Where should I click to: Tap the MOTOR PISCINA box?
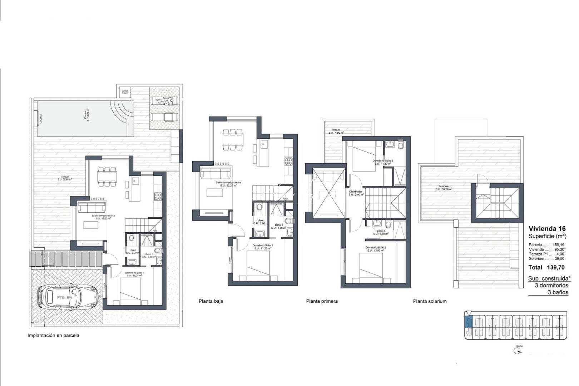pyautogui.click(x=125, y=92)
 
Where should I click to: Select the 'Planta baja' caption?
pyautogui.click(x=211, y=301)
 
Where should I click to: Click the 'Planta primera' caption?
pyautogui.click(x=322, y=301)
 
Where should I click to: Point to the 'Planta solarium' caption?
pyautogui.click(x=430, y=301)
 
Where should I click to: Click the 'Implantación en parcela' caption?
pyautogui.click(x=54, y=336)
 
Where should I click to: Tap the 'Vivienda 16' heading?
pyautogui.click(x=546, y=229)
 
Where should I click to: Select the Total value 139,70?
pyautogui.click(x=556, y=267)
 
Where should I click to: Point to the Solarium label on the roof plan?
pyautogui.click(x=444, y=188)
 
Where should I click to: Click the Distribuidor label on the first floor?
pyautogui.click(x=356, y=193)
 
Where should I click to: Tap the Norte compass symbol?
pyautogui.click(x=517, y=351)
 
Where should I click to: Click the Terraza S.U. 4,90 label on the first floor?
pyautogui.click(x=336, y=131)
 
